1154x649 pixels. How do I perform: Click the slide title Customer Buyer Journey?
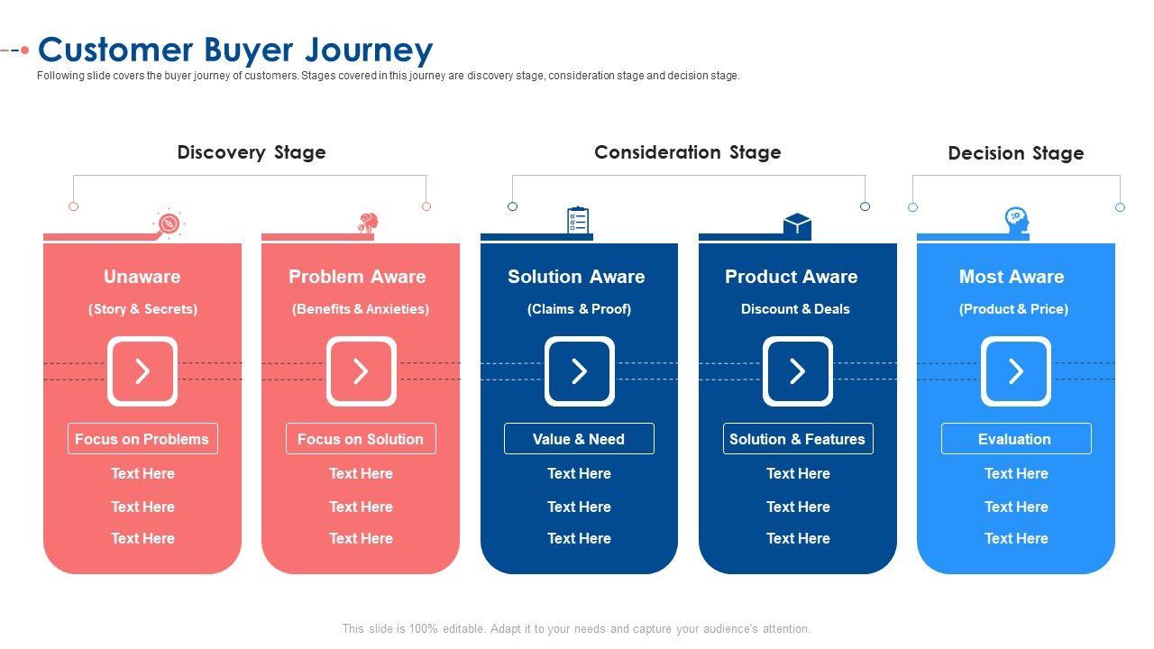(x=235, y=50)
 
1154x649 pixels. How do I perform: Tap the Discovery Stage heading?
(x=252, y=152)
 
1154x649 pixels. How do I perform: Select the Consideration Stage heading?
(x=687, y=152)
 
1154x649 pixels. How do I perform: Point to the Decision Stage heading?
(x=1015, y=153)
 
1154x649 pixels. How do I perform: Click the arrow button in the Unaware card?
(x=142, y=371)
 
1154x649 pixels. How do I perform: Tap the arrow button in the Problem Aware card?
(x=361, y=371)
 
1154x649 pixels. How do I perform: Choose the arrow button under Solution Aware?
(x=579, y=371)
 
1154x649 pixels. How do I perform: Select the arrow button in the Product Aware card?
(x=798, y=371)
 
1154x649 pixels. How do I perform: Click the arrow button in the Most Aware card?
(x=1016, y=371)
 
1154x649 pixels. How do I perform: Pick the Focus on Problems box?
(x=142, y=439)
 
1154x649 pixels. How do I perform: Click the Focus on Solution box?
(x=361, y=439)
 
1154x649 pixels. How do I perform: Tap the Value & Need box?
(x=579, y=439)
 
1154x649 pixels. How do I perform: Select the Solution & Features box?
(x=798, y=439)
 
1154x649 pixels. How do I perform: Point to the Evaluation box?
(x=1016, y=439)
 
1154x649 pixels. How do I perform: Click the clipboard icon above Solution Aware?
(x=578, y=221)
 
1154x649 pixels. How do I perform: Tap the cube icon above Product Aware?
(x=797, y=225)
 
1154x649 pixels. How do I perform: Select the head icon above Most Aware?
(x=1016, y=221)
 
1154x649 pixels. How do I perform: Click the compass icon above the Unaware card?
(x=168, y=224)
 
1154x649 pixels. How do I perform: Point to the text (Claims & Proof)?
(x=579, y=309)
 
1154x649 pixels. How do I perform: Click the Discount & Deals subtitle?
(x=795, y=309)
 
